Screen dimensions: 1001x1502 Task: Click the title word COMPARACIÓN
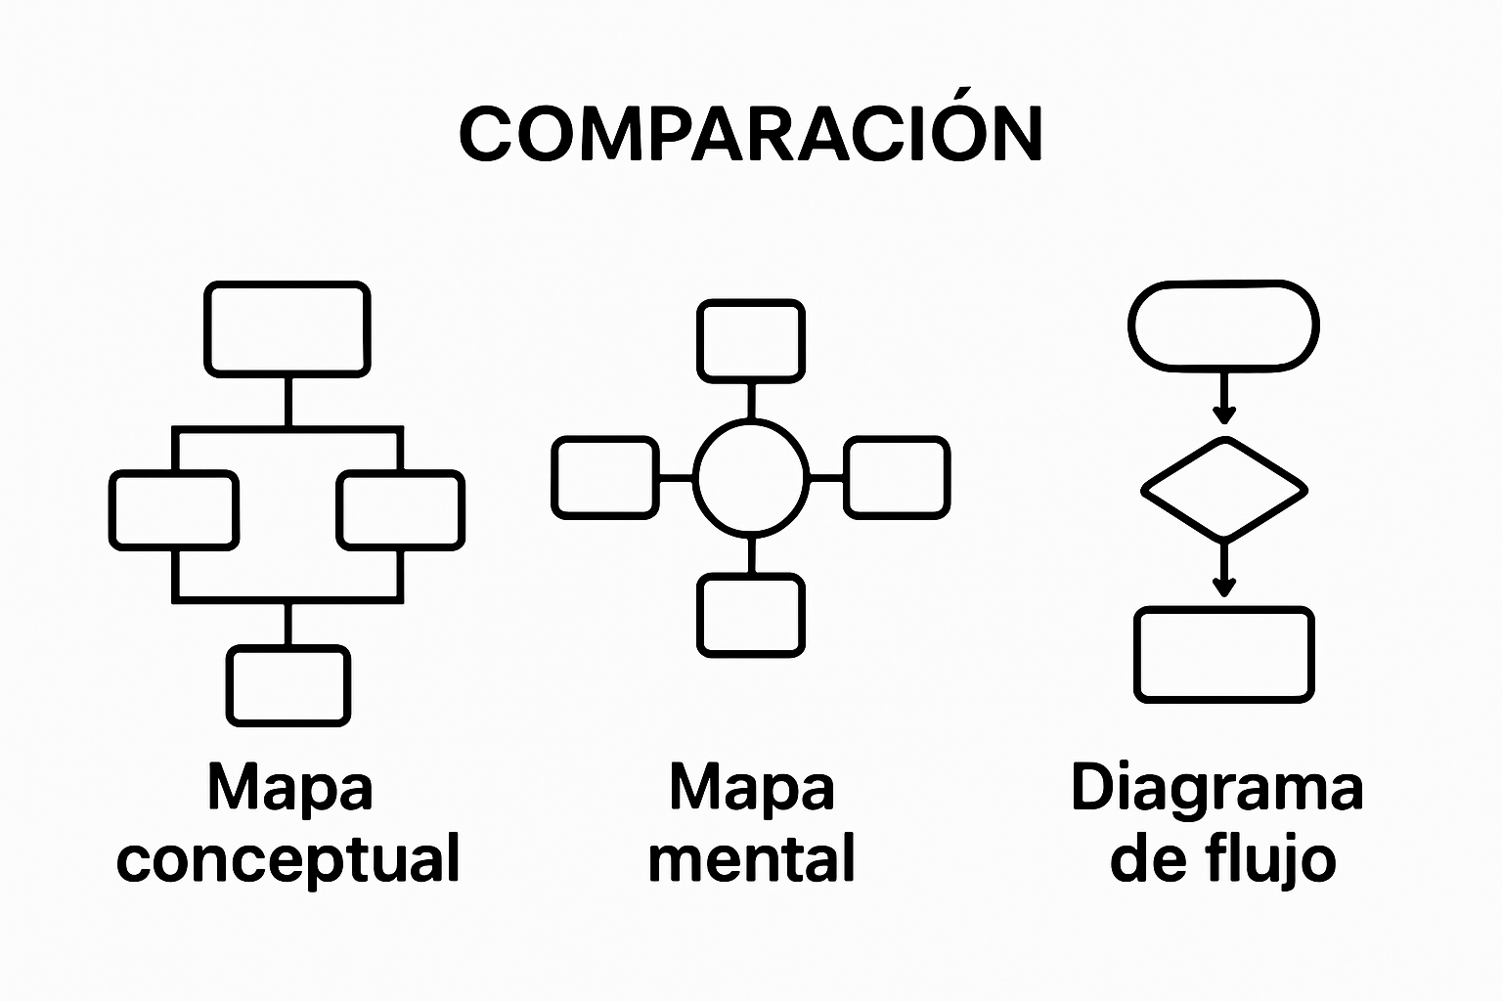click(750, 134)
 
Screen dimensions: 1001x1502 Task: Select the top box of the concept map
click(287, 328)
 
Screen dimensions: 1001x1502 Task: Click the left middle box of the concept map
click(173, 510)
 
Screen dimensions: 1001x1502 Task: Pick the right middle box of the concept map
click(401, 510)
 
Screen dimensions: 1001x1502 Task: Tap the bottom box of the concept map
click(288, 685)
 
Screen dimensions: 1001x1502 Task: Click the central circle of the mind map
click(751, 477)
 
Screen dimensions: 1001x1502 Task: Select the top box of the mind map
click(751, 341)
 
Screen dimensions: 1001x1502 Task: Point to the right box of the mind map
click(897, 477)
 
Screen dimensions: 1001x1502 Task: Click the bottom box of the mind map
click(751, 615)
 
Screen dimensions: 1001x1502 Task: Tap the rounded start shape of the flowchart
click(1223, 326)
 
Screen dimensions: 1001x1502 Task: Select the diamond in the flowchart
click(1223, 488)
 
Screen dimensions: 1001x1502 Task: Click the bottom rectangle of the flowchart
click(1223, 655)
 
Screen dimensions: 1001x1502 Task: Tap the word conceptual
click(288, 859)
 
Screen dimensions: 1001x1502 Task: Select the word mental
click(751, 859)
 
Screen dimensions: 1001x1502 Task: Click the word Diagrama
click(1217, 788)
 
